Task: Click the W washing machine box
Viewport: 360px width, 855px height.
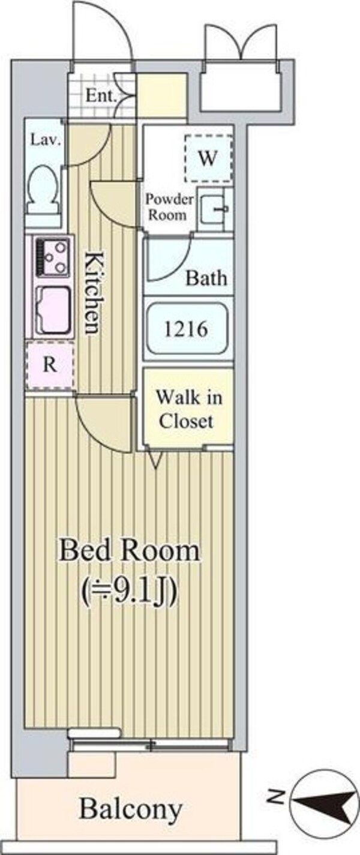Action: coord(208,158)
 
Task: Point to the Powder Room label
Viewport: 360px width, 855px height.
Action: coord(170,207)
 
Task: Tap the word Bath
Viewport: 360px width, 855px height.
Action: coord(206,278)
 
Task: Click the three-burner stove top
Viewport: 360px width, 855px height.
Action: coord(52,256)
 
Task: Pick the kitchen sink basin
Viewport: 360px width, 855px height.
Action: coord(53,309)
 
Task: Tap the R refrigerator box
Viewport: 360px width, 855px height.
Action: coord(50,365)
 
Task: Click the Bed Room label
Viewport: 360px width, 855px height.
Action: coord(129,551)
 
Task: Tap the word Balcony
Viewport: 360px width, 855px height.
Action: coord(131,809)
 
